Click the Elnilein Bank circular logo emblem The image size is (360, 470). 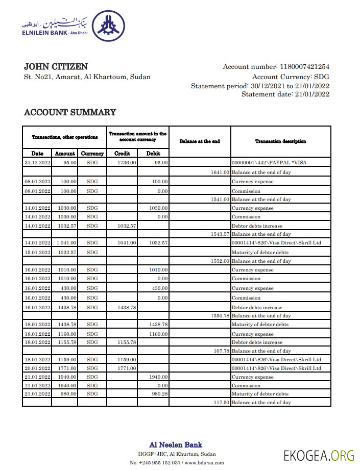pos(107,26)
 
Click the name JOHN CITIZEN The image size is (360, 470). pos(56,67)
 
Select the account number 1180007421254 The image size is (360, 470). pos(304,67)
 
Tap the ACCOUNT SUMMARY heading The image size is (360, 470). pos(70,112)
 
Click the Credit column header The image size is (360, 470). pos(122,153)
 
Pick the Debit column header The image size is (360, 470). pos(153,153)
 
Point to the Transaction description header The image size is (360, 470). pos(280,141)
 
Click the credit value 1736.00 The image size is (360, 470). pos(127,163)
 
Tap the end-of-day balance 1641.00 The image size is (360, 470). pos(220,172)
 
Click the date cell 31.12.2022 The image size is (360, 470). pos(37,163)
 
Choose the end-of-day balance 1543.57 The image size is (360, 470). pos(220,234)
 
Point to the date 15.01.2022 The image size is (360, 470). pos(37,252)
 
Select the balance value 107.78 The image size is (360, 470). pos(222,351)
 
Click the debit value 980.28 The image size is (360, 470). pos(158,394)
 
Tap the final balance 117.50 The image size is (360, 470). pos(222,403)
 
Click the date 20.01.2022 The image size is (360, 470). pos(37,368)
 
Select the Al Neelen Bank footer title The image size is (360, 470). pos(176,445)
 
